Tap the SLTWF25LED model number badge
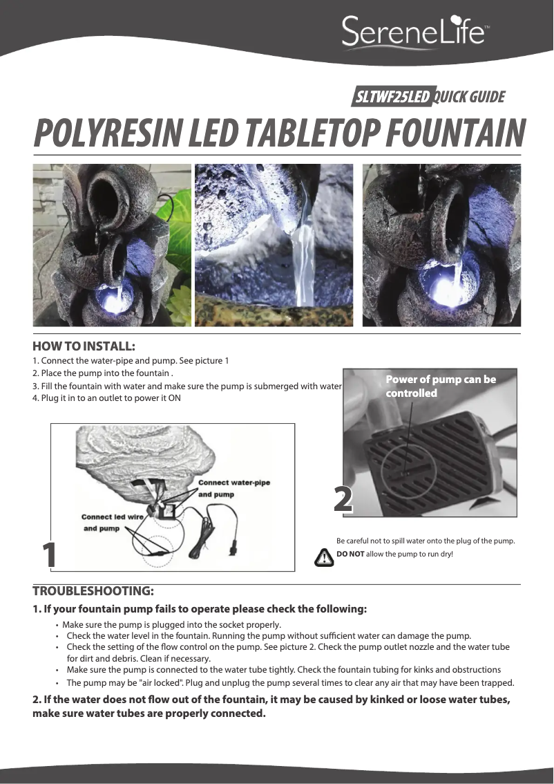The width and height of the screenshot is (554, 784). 392,97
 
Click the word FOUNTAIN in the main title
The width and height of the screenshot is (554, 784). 456,133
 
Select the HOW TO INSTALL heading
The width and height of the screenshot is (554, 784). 84,346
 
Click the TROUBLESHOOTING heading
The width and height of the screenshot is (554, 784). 93,591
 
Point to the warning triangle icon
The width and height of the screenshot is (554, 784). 324,557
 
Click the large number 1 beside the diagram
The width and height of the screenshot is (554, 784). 49,555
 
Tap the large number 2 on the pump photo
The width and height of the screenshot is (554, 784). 343,499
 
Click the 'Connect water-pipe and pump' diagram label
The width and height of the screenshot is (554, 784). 233,489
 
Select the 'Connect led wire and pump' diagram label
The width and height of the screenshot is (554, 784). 112,523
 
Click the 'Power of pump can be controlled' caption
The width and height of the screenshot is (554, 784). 441,386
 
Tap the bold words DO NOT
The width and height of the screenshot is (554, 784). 350,554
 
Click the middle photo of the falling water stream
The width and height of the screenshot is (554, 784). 274,245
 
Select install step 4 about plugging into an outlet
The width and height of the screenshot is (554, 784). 106,398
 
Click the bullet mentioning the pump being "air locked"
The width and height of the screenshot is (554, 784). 290,682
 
